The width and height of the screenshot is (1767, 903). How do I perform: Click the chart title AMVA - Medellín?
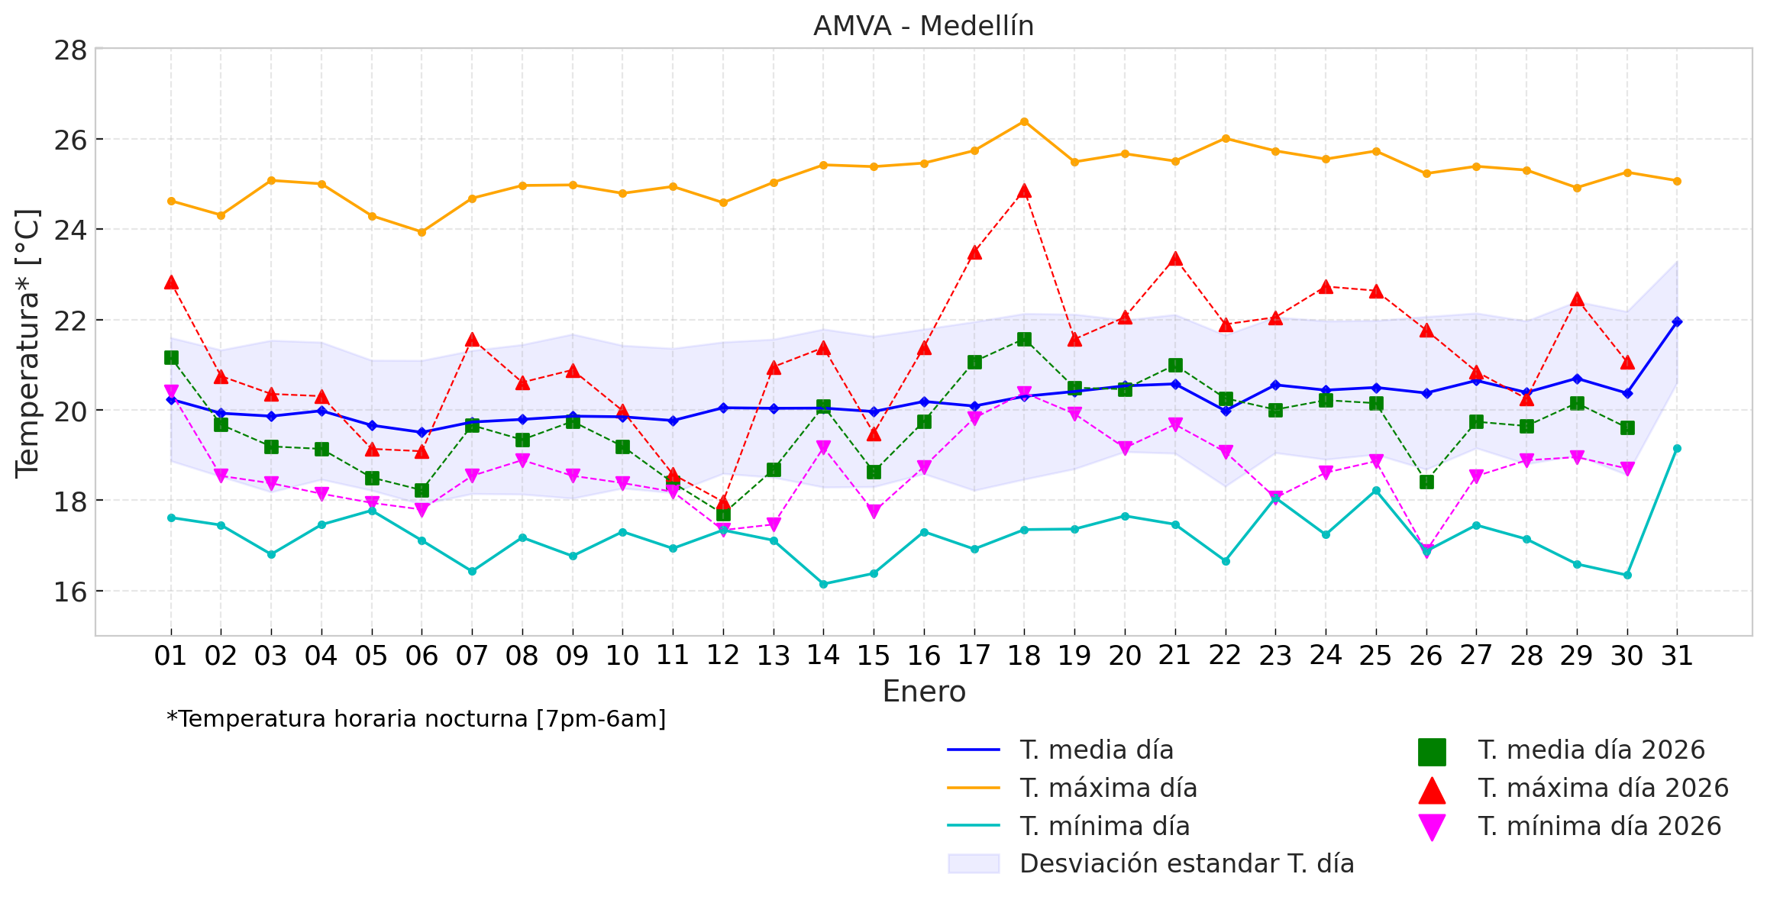point(923,26)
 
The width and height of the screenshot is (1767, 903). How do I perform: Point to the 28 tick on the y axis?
point(70,50)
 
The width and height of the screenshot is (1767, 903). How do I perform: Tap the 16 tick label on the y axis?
point(70,592)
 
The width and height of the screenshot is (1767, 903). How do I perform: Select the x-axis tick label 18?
point(1024,655)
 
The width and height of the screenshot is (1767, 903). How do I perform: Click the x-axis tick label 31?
point(1677,655)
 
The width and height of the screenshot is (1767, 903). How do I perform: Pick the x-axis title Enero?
point(923,692)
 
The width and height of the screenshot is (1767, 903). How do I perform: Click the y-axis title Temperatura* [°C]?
point(27,343)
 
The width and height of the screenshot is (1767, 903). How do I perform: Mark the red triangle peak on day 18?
point(1024,191)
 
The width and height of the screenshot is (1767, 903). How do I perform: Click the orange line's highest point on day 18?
point(1024,121)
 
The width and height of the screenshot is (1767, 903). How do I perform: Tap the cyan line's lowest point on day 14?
point(823,584)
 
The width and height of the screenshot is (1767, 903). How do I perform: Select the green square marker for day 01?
point(171,357)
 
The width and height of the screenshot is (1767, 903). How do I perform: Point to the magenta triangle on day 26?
point(1426,551)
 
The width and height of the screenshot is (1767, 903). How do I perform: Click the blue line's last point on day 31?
point(1677,321)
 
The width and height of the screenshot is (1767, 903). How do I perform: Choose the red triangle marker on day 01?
point(171,282)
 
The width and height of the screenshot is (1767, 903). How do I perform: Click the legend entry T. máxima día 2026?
point(1603,788)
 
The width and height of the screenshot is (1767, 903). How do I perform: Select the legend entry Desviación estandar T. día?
point(1186,863)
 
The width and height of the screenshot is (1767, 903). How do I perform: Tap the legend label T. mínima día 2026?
point(1599,826)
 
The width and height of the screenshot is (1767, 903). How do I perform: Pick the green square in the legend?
point(1432,751)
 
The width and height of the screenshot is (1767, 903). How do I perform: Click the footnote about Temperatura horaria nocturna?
point(416,719)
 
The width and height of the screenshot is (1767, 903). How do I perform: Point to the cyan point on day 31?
point(1677,448)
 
